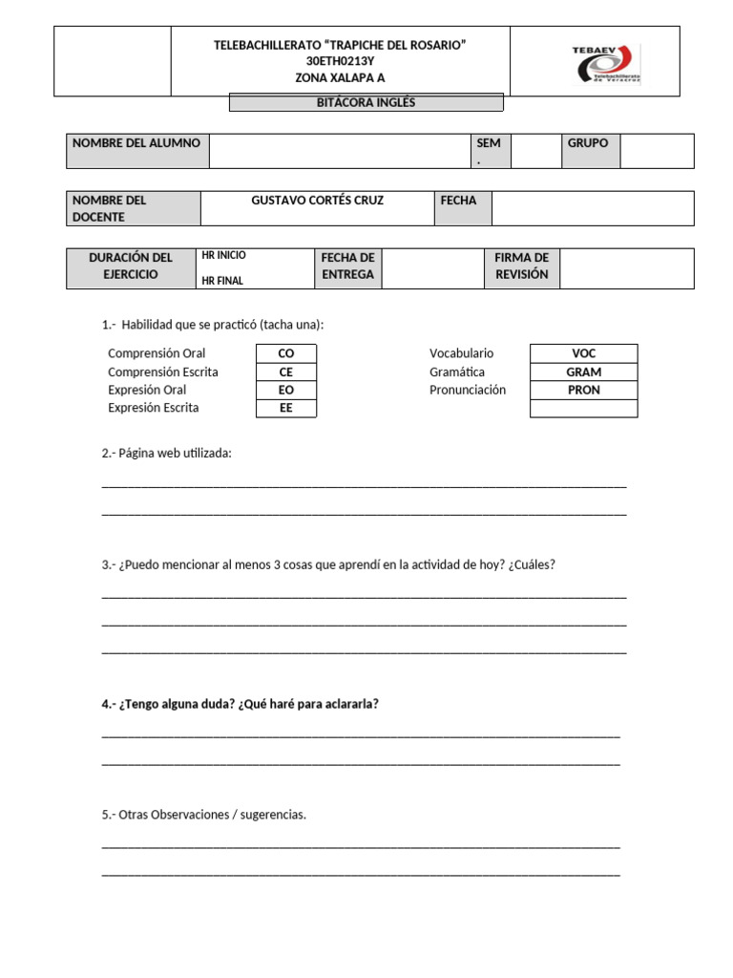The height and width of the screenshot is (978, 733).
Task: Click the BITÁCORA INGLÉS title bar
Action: tap(366, 103)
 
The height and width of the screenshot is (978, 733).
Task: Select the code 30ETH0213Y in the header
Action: tap(340, 61)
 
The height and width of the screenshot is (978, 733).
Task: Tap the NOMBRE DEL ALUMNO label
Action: tap(136, 143)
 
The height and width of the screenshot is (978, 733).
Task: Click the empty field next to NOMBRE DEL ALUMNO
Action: tap(340, 151)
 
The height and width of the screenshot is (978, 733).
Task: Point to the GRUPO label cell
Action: tap(588, 143)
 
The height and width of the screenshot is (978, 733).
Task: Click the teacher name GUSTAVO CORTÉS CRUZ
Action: tap(317, 201)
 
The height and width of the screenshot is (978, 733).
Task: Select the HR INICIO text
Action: tap(223, 256)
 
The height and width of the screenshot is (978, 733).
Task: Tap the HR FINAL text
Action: tap(221, 281)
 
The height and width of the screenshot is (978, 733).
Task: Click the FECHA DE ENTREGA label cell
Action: tap(347, 267)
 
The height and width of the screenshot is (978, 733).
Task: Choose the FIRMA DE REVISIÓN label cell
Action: tap(521, 267)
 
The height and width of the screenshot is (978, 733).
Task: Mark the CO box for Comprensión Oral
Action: tap(285, 353)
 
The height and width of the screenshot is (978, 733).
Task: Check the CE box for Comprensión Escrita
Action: tap(285, 372)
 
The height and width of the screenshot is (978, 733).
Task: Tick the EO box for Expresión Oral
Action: tap(285, 390)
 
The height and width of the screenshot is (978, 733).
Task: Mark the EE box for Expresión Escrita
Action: tap(285, 408)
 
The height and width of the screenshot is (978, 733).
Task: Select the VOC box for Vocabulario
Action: tap(583, 353)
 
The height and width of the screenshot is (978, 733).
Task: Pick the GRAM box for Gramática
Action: tap(583, 372)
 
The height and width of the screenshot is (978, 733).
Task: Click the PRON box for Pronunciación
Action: tap(583, 390)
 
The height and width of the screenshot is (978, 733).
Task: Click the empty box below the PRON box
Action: tap(583, 408)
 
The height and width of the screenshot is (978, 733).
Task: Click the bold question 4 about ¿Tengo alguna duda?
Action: tap(240, 704)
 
